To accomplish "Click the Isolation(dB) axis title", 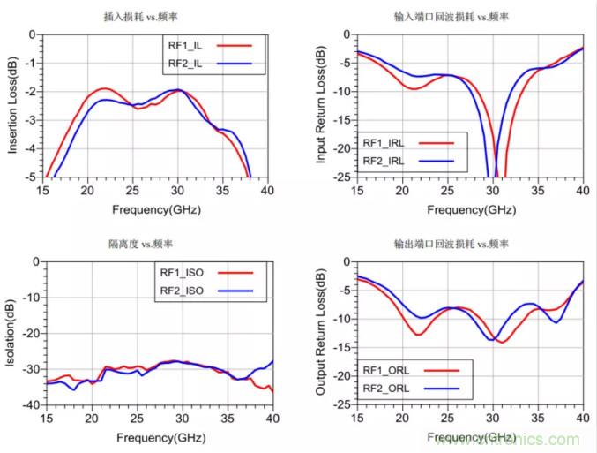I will (x=13, y=332).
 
